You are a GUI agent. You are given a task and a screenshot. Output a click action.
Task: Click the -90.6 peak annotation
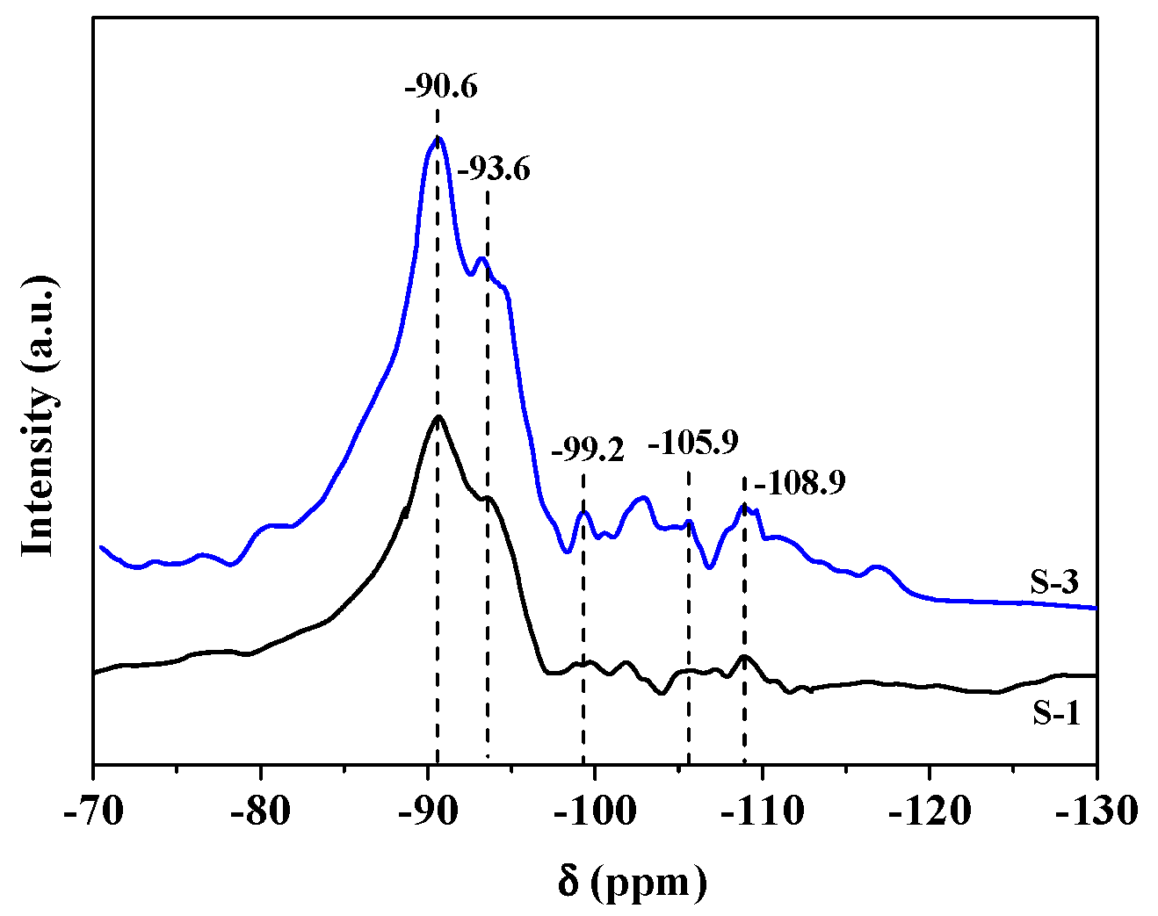tap(441, 88)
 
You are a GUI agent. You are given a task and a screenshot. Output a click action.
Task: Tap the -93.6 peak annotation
tap(494, 168)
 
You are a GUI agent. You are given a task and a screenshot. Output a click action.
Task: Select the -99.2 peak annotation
tap(587, 451)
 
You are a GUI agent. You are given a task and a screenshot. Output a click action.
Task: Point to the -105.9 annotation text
tap(692, 442)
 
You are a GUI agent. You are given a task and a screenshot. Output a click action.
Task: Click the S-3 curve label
tap(1054, 581)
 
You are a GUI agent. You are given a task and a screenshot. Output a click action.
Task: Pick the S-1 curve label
tap(1055, 713)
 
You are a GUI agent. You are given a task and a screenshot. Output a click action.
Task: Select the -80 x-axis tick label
tap(260, 810)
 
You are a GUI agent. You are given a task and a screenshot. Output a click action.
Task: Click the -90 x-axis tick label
tap(428, 810)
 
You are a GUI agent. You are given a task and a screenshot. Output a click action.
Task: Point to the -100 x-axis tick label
tap(595, 810)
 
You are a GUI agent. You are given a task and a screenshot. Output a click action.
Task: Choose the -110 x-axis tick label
tap(763, 810)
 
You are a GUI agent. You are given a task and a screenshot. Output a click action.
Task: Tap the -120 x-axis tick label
tap(930, 810)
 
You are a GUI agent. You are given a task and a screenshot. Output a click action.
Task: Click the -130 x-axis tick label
tap(1094, 810)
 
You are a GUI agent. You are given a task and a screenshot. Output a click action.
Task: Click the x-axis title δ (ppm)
tap(632, 881)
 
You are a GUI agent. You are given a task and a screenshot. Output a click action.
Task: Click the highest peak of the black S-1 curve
tap(438, 416)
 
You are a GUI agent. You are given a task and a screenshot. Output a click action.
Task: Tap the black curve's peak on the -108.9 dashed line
tap(744, 656)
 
